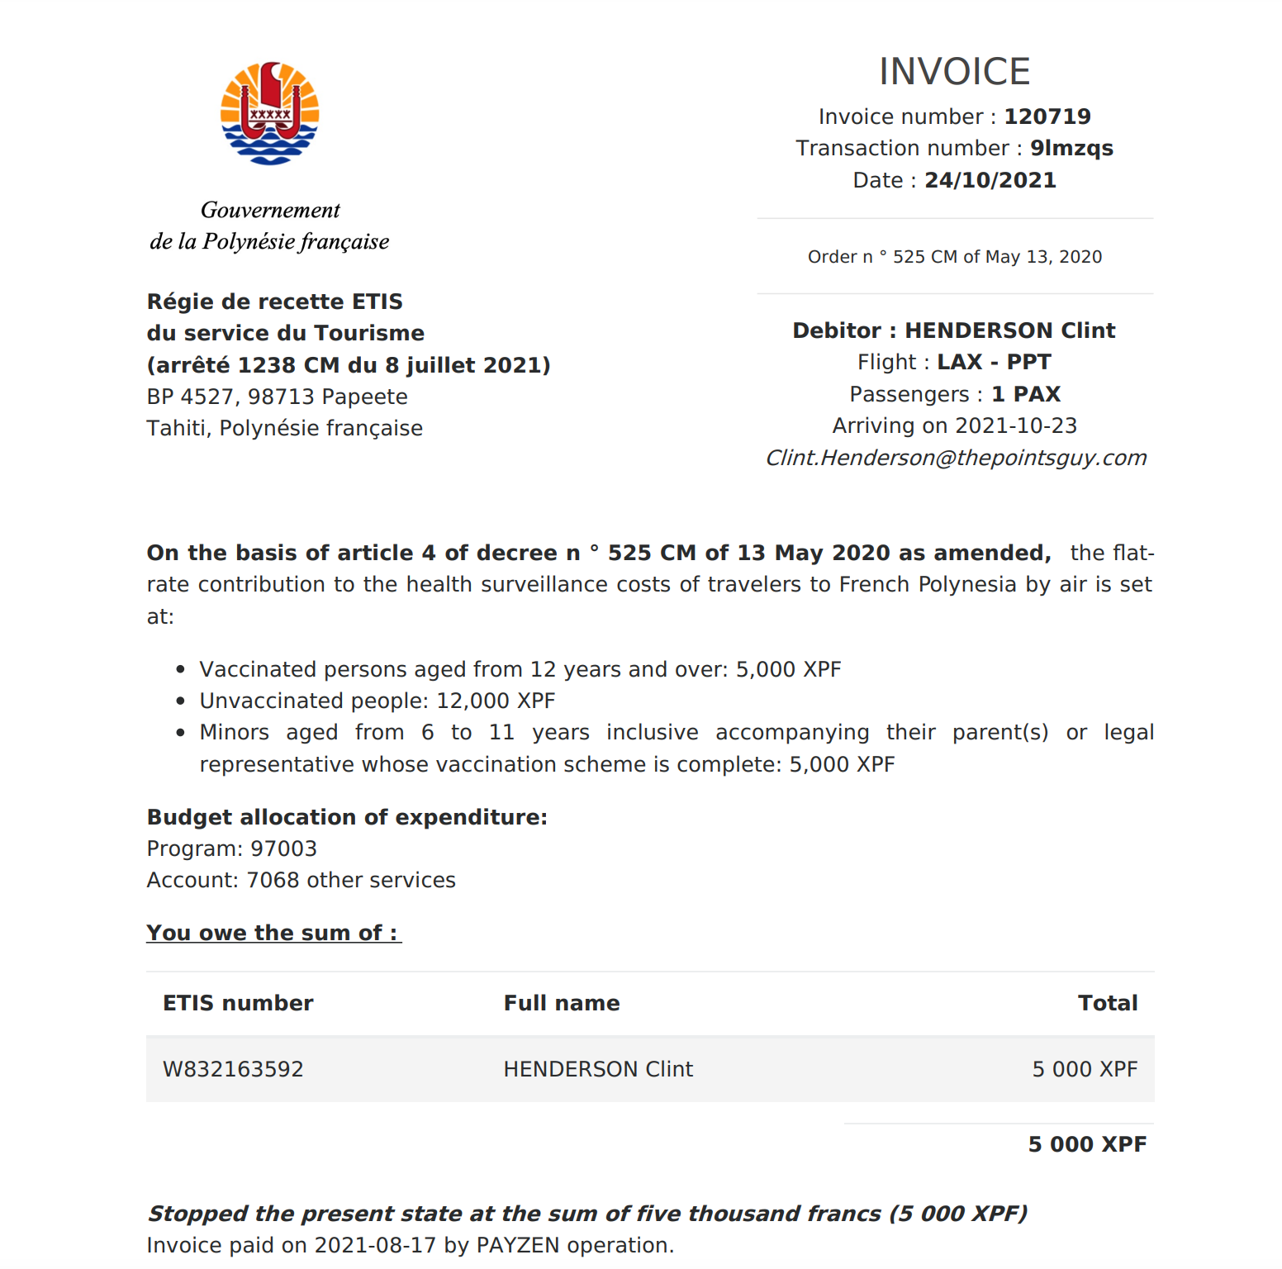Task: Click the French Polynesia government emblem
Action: (x=269, y=113)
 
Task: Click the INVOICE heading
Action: (x=954, y=72)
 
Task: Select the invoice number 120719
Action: (x=1047, y=116)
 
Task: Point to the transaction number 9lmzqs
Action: (x=1071, y=149)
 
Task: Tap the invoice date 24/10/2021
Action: (x=990, y=180)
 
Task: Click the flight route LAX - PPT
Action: (x=994, y=362)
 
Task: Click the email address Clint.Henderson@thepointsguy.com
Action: (x=955, y=458)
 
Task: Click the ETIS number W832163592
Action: (x=233, y=1069)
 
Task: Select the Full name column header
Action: (x=562, y=1003)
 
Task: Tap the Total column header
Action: (x=1107, y=1003)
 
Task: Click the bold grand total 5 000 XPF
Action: (x=1086, y=1144)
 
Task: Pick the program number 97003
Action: (x=283, y=848)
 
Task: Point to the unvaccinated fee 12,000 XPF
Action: (x=496, y=701)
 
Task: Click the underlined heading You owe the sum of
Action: (x=273, y=933)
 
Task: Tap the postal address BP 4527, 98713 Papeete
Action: (x=277, y=397)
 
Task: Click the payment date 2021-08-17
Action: (x=375, y=1245)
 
